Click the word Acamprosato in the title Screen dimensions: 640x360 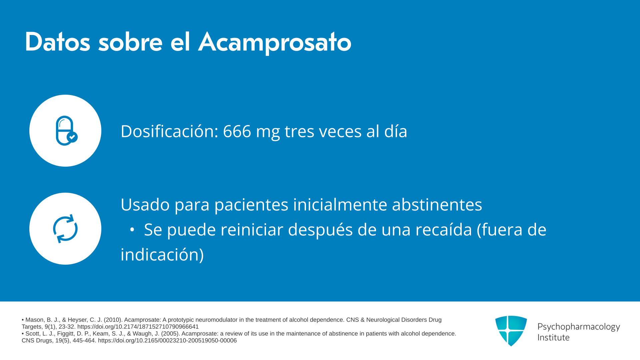275,42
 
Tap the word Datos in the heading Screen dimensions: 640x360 57,42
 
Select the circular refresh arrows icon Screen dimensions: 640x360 65,229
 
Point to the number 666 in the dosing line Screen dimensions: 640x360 237,131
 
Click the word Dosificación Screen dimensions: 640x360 169,131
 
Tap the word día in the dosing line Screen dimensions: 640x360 396,131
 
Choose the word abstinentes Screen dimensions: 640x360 437,204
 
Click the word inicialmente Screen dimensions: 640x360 340,204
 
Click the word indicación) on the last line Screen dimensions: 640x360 162,255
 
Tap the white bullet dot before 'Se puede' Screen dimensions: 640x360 132,230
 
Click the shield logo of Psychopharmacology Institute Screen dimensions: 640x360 511,331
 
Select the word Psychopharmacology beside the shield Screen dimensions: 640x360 579,327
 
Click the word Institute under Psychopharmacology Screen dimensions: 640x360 553,338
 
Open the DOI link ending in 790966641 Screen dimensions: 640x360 138,327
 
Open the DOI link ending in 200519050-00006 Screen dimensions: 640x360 167,341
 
